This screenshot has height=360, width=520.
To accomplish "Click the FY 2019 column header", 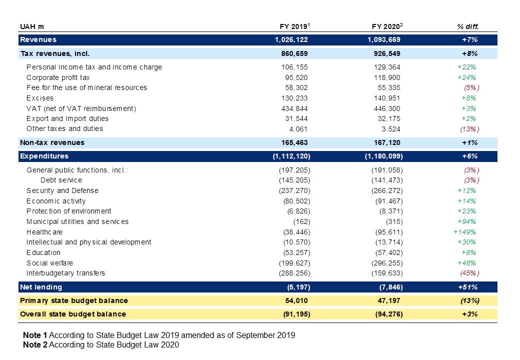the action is (294, 26).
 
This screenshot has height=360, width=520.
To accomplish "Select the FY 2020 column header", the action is (387, 26).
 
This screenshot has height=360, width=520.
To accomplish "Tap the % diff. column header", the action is (468, 26).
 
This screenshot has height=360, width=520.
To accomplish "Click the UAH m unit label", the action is (32, 26).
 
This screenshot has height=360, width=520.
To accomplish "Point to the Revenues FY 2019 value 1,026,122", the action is (291, 39).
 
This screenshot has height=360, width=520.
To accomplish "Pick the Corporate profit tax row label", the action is (58, 77).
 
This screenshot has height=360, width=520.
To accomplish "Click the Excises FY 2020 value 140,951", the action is (387, 98).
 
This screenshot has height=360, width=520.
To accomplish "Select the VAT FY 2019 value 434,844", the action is (294, 108).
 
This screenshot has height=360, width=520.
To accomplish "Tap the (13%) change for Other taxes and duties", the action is (469, 129).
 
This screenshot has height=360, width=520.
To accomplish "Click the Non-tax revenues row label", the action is (52, 142).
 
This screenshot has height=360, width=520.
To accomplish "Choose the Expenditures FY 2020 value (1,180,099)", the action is (384, 156).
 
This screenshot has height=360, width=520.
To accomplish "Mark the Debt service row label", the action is (61, 180).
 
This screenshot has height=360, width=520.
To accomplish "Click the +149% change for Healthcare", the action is (464, 232).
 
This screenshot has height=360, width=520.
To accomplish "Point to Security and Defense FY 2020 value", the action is (387, 191).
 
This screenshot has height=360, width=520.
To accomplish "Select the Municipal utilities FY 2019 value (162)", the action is (302, 221).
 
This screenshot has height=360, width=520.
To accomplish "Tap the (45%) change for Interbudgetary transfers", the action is (469, 273).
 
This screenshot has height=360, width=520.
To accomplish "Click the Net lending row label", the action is (41, 287).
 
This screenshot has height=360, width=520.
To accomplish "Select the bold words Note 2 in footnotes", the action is (35, 345).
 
